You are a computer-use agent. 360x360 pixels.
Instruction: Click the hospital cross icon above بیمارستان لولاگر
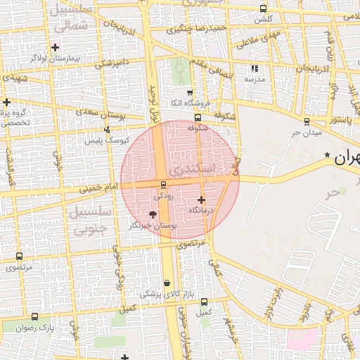[x=56, y=47]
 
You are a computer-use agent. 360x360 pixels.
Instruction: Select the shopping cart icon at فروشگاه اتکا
[x=189, y=92]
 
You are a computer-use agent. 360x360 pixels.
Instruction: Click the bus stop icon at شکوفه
[x=198, y=118]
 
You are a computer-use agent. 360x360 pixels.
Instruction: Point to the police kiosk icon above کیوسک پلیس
[x=107, y=129]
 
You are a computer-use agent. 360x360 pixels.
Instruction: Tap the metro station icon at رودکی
[x=164, y=185]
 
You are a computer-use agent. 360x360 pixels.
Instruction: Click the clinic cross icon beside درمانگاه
[x=202, y=200]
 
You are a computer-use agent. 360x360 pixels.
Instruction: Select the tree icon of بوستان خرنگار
[x=153, y=214]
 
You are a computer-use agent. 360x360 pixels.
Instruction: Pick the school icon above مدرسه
[x=255, y=69]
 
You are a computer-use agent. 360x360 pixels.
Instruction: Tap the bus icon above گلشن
[x=263, y=9]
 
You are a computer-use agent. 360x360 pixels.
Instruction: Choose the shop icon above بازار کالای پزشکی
[x=167, y=283]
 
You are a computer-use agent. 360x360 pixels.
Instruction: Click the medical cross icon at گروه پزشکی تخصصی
[x=6, y=103]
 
